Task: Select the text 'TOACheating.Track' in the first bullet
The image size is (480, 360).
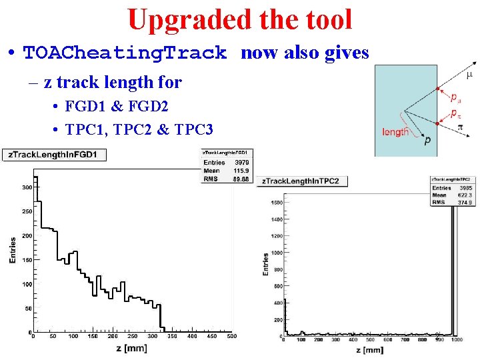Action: [x=125, y=53]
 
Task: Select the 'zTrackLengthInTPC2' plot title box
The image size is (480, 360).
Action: [x=301, y=181]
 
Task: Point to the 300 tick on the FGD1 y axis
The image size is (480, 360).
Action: [x=27, y=188]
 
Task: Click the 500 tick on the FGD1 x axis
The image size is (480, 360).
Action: [x=231, y=337]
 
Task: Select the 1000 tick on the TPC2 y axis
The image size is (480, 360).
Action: [x=275, y=253]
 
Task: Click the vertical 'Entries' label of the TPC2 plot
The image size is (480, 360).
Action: [x=265, y=263]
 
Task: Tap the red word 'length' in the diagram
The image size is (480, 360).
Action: [x=395, y=132]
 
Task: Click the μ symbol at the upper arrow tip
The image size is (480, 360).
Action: [x=469, y=75]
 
